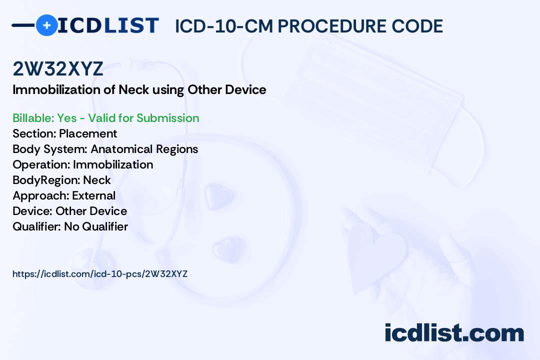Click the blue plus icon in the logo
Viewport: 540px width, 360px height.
point(46,25)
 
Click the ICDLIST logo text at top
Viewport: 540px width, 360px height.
point(108,25)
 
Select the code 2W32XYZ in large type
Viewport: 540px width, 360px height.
point(58,69)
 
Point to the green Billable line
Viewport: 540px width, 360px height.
point(106,118)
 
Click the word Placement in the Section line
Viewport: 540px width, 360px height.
point(88,133)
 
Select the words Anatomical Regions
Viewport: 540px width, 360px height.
point(144,149)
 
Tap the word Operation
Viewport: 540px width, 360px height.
point(41,164)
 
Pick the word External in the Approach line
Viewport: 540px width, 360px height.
point(94,195)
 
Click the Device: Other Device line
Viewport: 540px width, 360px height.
point(69,211)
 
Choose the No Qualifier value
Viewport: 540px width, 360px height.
point(96,226)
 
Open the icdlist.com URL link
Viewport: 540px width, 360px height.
point(100,274)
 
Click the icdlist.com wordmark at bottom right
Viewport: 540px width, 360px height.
point(454,333)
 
